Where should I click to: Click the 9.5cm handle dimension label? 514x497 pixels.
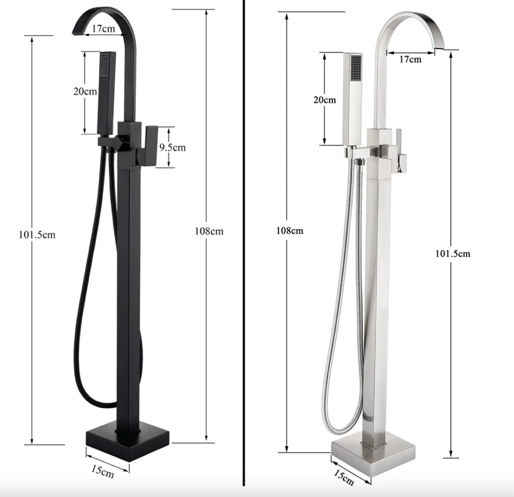[x=172, y=147]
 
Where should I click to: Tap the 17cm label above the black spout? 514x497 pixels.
[x=103, y=29]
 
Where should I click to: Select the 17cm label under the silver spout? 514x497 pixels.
[x=410, y=59]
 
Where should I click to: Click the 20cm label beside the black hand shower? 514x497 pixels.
[x=85, y=91]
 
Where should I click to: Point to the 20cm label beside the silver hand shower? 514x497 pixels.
[x=325, y=100]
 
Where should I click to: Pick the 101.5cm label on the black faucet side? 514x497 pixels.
[x=37, y=235]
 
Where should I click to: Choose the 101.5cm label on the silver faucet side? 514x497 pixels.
[x=453, y=254]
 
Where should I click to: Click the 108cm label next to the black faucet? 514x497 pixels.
[x=209, y=231]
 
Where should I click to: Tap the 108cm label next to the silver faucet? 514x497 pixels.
[x=290, y=231]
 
